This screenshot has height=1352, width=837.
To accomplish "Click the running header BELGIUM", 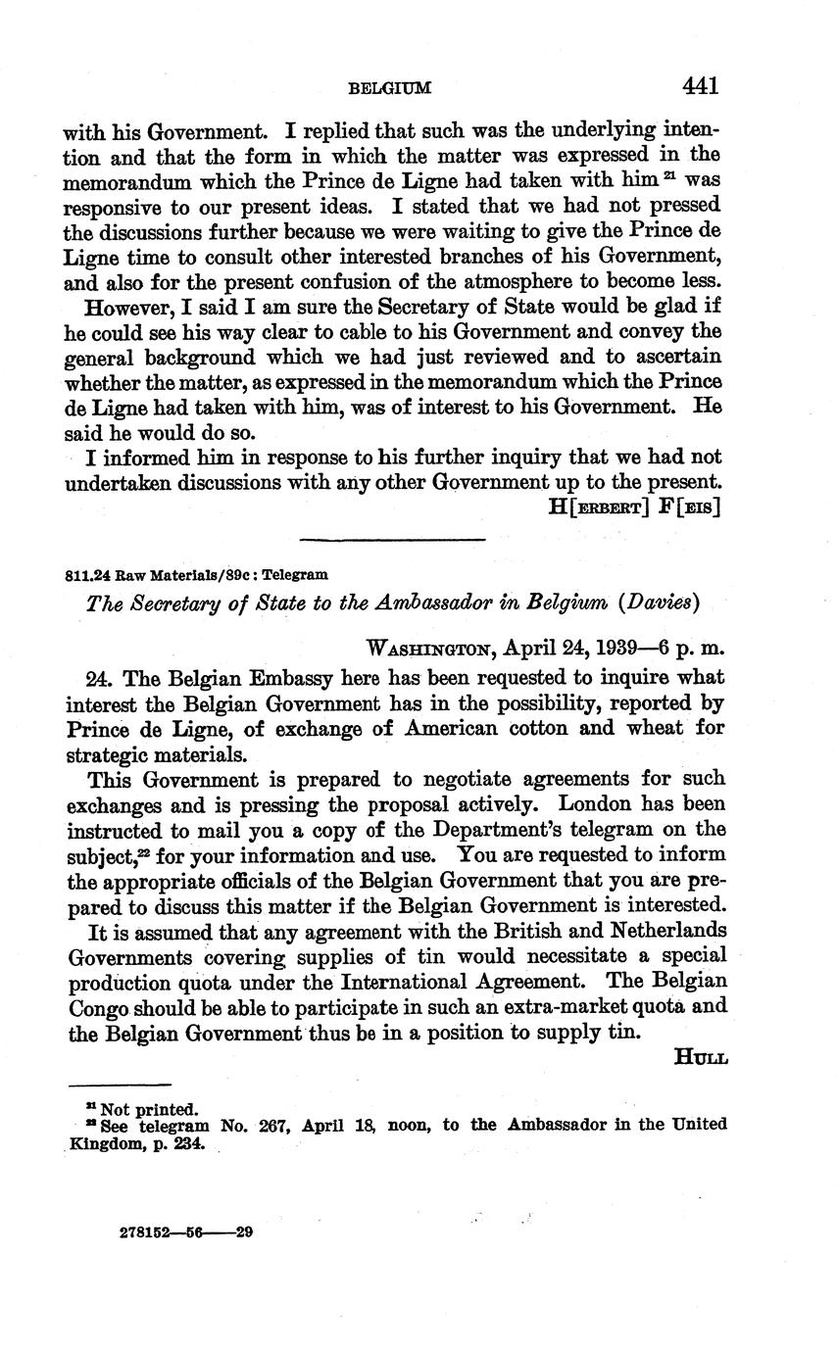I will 389,89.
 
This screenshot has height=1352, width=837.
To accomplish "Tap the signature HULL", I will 701,1056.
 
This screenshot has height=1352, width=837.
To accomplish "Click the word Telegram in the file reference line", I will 300,575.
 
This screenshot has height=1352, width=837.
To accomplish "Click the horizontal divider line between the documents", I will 392,539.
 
